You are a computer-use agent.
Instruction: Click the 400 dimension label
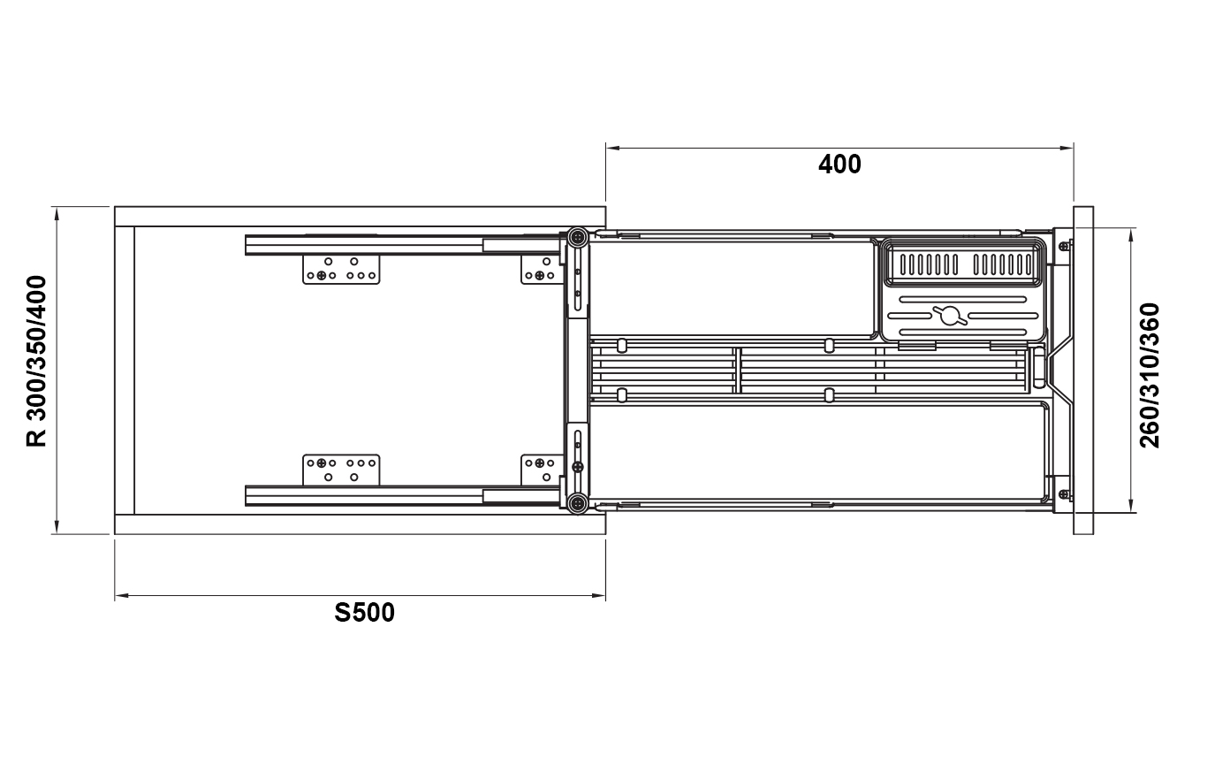click(839, 164)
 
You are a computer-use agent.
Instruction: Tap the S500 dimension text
click(364, 613)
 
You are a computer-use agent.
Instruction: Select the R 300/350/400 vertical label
click(36, 361)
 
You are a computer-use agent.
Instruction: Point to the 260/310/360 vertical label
click(1150, 375)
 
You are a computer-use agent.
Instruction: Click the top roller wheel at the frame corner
click(578, 236)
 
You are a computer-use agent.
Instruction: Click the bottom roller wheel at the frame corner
click(578, 503)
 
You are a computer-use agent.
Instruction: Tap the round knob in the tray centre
click(950, 316)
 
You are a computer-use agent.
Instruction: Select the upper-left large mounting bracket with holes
click(341, 269)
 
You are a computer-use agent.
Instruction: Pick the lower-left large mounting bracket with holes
click(341, 470)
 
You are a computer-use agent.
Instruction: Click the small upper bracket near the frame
click(541, 269)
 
